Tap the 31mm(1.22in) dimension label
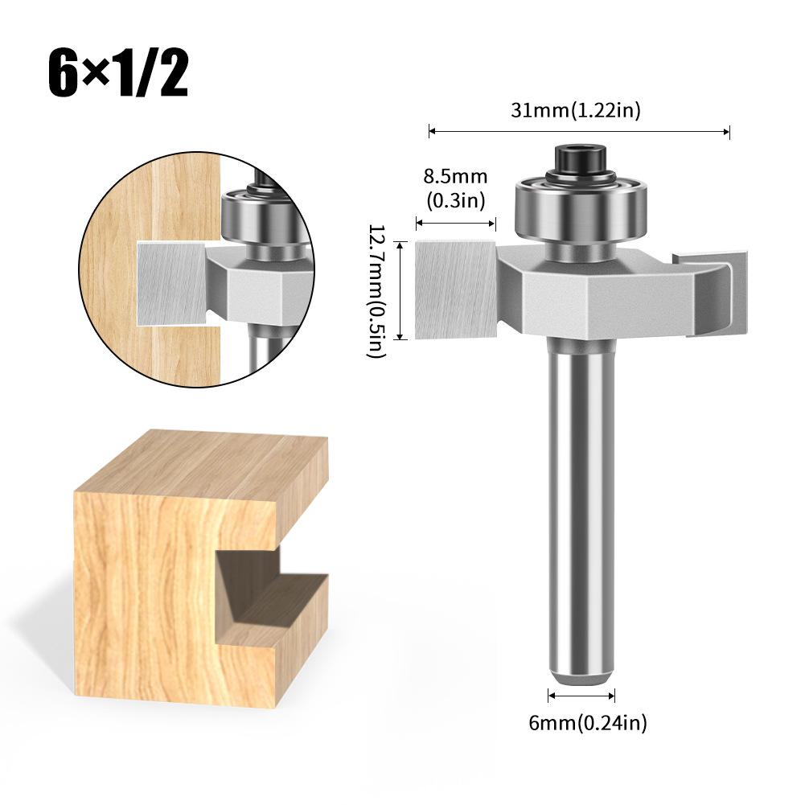click(x=576, y=111)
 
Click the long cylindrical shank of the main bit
click(x=581, y=499)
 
